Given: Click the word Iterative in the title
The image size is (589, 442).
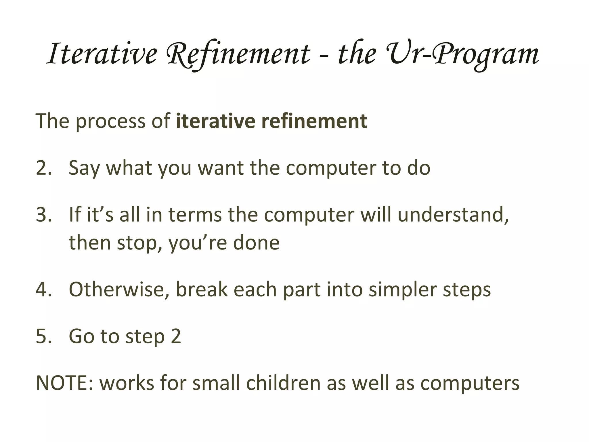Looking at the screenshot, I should pyautogui.click(x=102, y=54).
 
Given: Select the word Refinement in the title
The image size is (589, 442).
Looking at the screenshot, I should pyautogui.click(x=239, y=54).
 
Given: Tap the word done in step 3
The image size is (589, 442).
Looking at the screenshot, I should pyautogui.click(x=256, y=243).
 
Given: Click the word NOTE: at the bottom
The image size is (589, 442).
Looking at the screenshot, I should pyautogui.click(x=64, y=383).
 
